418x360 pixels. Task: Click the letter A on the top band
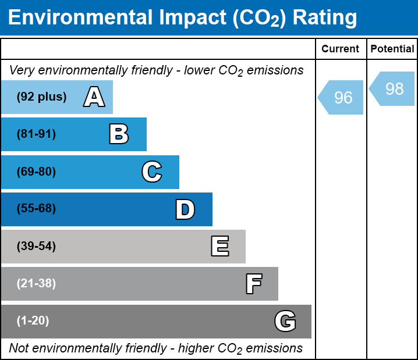click(94, 97)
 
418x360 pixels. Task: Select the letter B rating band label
click(119, 134)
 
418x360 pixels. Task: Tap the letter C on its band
click(152, 172)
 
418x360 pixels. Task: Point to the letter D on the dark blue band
click(185, 209)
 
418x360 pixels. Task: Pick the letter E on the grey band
click(219, 247)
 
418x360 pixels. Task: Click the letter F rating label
click(253, 284)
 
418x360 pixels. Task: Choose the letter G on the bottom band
click(285, 321)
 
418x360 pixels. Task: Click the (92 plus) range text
click(41, 97)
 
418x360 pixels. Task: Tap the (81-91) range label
click(36, 134)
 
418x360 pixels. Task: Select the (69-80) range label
click(36, 172)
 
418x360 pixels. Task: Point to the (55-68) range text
click(36, 209)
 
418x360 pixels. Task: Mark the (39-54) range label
click(36, 247)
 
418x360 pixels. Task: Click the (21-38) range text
click(36, 284)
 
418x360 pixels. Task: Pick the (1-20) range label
click(33, 321)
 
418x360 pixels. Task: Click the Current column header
click(341, 49)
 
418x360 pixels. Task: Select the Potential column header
click(392, 49)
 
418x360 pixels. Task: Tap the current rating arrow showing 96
click(342, 98)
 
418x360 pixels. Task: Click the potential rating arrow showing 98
click(393, 89)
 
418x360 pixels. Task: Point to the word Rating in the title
click(325, 17)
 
